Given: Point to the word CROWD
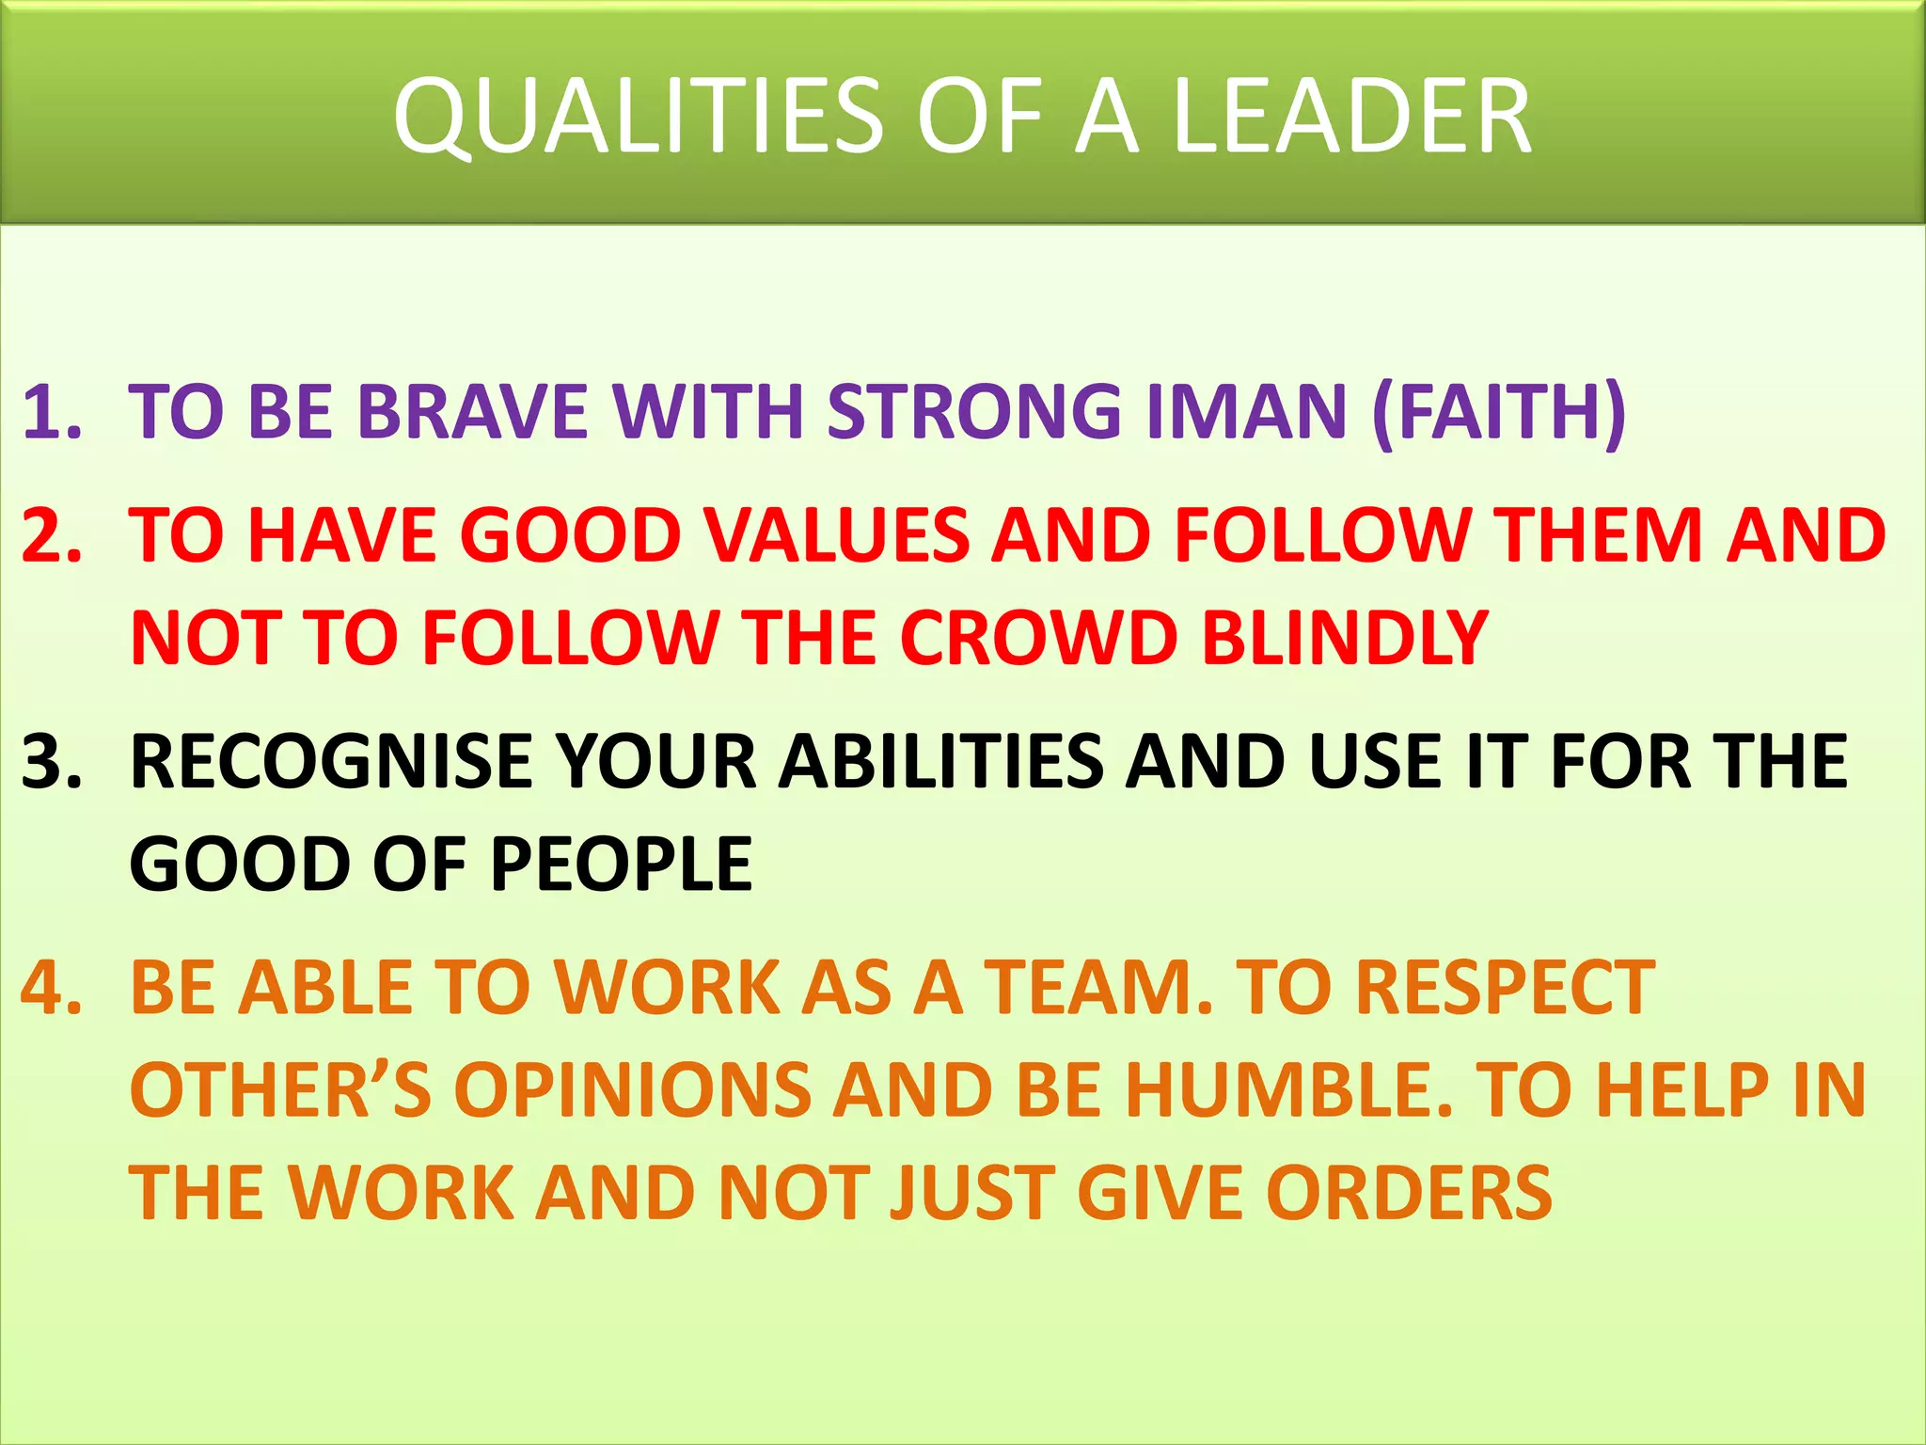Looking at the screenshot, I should [x=1038, y=637].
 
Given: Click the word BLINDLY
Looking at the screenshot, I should [x=1346, y=637].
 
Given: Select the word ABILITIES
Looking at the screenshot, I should [x=941, y=760].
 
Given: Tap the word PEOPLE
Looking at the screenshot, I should [x=621, y=863].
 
